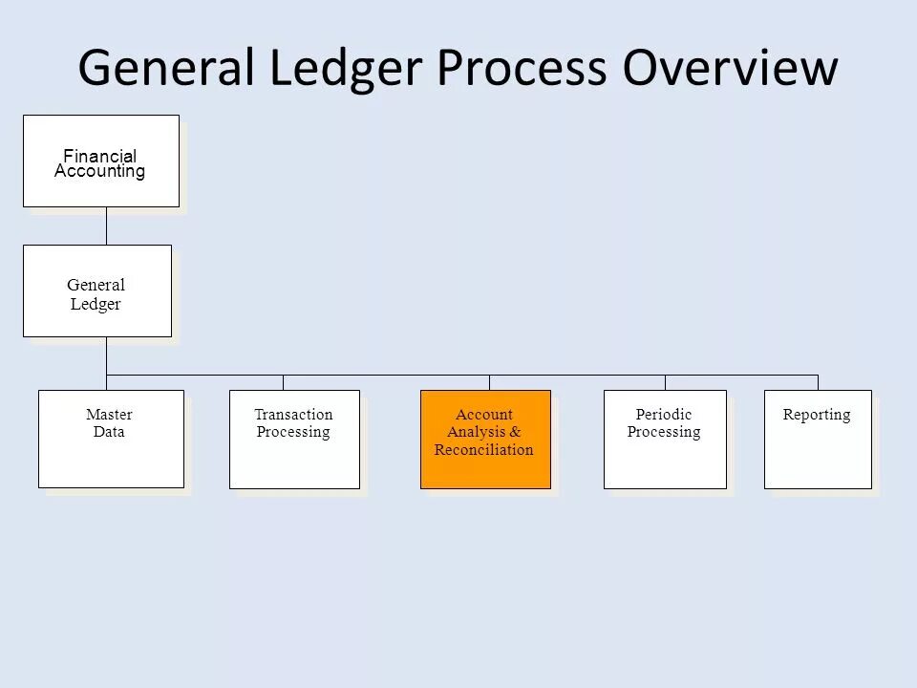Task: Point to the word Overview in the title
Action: pyautogui.click(x=732, y=68)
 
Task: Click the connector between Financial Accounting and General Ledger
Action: pyautogui.click(x=106, y=226)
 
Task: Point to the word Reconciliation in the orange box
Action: pyautogui.click(x=483, y=450)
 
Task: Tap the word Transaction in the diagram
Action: pyautogui.click(x=293, y=415)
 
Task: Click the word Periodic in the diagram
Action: pyautogui.click(x=664, y=415)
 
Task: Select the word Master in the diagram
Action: pyautogui.click(x=109, y=415)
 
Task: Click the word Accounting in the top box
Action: pyautogui.click(x=99, y=172)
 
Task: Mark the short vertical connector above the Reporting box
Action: pyautogui.click(x=818, y=382)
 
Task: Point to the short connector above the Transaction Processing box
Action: pyautogui.click(x=283, y=382)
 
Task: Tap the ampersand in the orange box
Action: pyautogui.click(x=515, y=433)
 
